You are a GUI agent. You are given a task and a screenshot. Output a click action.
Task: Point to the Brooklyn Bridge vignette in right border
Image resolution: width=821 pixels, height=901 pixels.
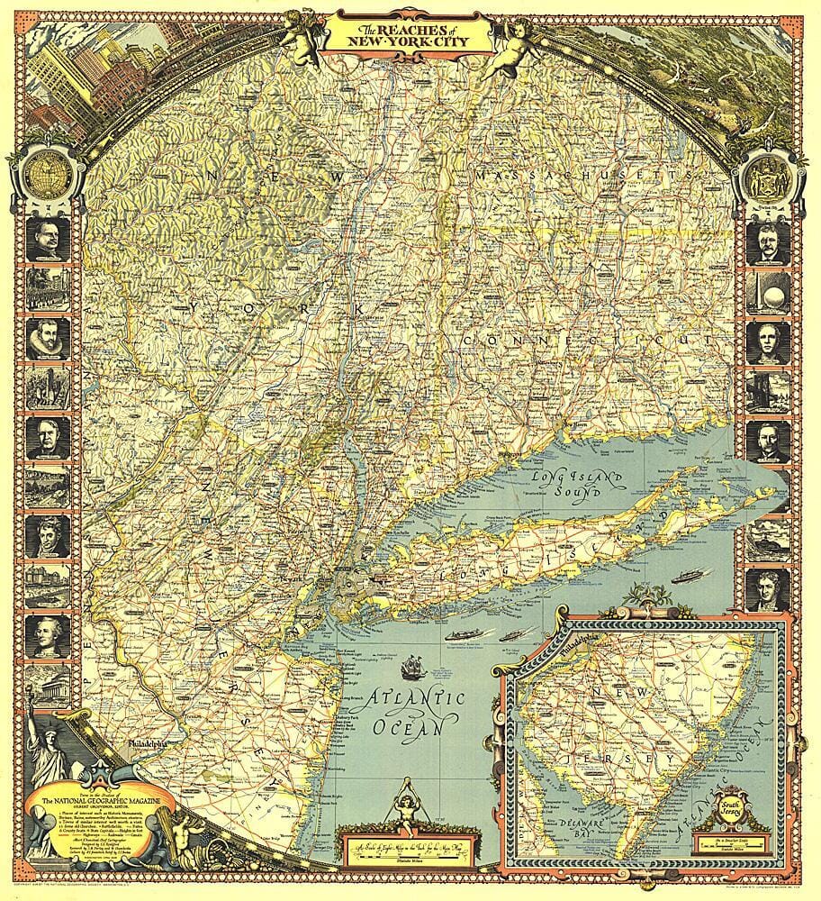[771, 387]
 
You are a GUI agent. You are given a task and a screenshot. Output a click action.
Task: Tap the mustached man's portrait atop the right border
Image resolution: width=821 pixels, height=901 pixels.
[771, 241]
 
